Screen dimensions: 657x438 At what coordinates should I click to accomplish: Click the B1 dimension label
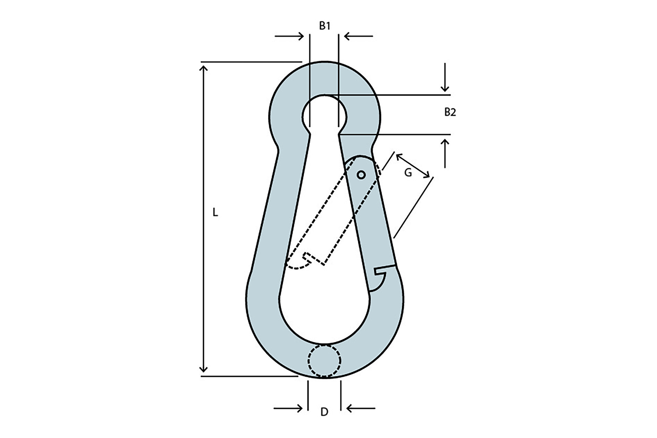[x=325, y=26]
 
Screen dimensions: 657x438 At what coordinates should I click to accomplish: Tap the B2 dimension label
[x=450, y=112]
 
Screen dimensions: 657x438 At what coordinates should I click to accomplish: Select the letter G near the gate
[x=408, y=173]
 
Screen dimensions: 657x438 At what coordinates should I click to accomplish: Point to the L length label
[x=215, y=213]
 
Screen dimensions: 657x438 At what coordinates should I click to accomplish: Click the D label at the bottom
[x=324, y=412]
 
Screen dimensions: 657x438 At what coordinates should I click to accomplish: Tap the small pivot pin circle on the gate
[x=361, y=175]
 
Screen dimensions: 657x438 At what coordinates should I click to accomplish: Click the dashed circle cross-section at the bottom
[x=324, y=361]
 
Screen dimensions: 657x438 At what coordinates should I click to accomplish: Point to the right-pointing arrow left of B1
[x=289, y=36]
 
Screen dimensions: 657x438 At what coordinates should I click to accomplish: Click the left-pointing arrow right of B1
[x=358, y=36]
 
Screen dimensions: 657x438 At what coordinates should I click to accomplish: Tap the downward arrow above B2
[x=445, y=77]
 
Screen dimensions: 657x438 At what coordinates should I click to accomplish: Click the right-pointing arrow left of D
[x=288, y=408]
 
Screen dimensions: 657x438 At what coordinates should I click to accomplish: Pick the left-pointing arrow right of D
[x=361, y=408]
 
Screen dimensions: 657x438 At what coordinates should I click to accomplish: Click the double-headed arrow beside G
[x=413, y=166]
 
